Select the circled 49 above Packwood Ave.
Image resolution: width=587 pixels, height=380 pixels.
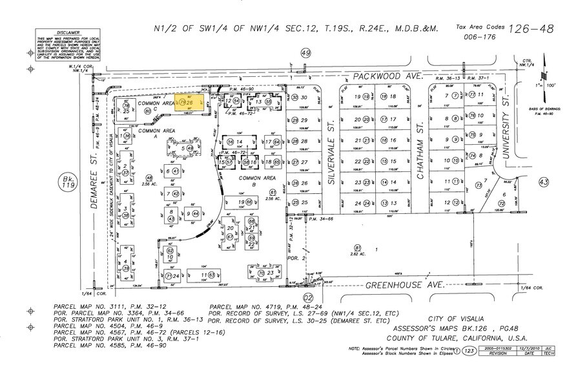(x=305, y=54)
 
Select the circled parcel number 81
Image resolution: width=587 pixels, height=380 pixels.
(x=356, y=247)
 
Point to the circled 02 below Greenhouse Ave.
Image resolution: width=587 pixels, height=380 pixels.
(x=309, y=297)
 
